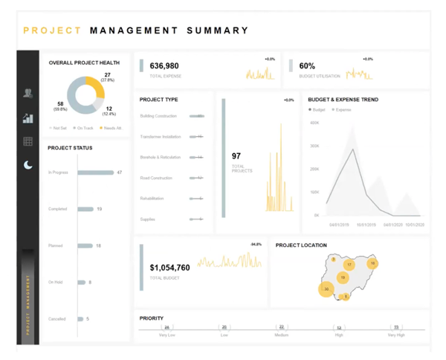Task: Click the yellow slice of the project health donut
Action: pyautogui.click(x=94, y=89)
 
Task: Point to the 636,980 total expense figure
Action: pyautogui.click(x=164, y=66)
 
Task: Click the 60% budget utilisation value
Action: pyautogui.click(x=307, y=66)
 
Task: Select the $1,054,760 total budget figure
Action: pyautogui.click(x=169, y=268)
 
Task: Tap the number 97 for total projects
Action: pyautogui.click(x=236, y=156)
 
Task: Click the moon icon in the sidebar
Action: pyautogui.click(x=28, y=165)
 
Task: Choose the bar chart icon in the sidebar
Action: pyautogui.click(x=28, y=118)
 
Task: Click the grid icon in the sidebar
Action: pyautogui.click(x=28, y=141)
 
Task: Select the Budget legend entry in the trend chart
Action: pyautogui.click(x=317, y=109)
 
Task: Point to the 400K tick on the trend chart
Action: pyautogui.click(x=314, y=123)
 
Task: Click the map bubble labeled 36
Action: pyautogui.click(x=326, y=289)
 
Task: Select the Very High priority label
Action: pyautogui.click(x=396, y=335)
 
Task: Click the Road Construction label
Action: pyautogui.click(x=156, y=178)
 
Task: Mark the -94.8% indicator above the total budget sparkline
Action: pyautogui.click(x=256, y=244)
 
